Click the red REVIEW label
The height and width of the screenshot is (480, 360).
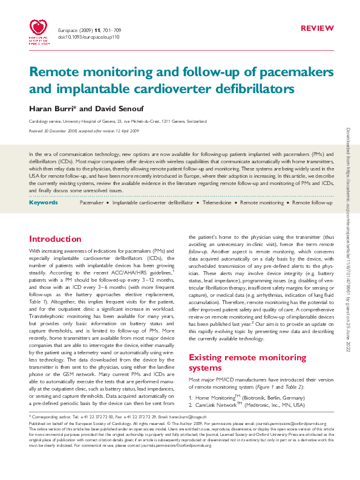pos(316,28)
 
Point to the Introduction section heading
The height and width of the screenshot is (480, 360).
pos(55,239)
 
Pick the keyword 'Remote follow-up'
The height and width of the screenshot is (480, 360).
pos(312,203)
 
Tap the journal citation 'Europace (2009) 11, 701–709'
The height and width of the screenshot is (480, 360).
pos(89,30)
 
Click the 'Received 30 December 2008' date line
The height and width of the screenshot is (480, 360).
pos(84,131)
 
